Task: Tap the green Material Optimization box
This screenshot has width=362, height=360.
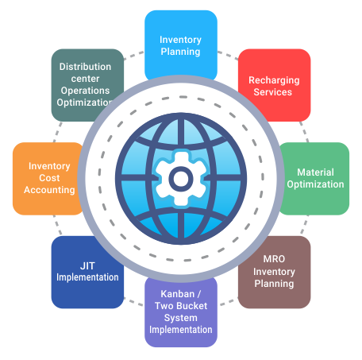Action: pos(315,179)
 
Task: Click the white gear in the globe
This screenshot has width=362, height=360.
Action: pos(181,179)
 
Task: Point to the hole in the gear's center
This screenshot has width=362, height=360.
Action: pos(181,179)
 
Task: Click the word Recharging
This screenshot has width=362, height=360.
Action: pos(274,80)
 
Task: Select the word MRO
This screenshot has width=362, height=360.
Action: pos(274,259)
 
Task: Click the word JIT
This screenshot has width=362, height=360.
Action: pos(87,265)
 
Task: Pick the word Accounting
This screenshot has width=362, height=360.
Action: pos(49,190)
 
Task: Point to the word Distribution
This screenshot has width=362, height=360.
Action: pos(85,67)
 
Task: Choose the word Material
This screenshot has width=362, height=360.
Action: pos(315,172)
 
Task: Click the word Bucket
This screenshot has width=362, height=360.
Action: pos(193,306)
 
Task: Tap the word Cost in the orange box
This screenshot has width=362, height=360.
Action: pos(49,178)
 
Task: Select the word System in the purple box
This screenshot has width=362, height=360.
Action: pos(181,318)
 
